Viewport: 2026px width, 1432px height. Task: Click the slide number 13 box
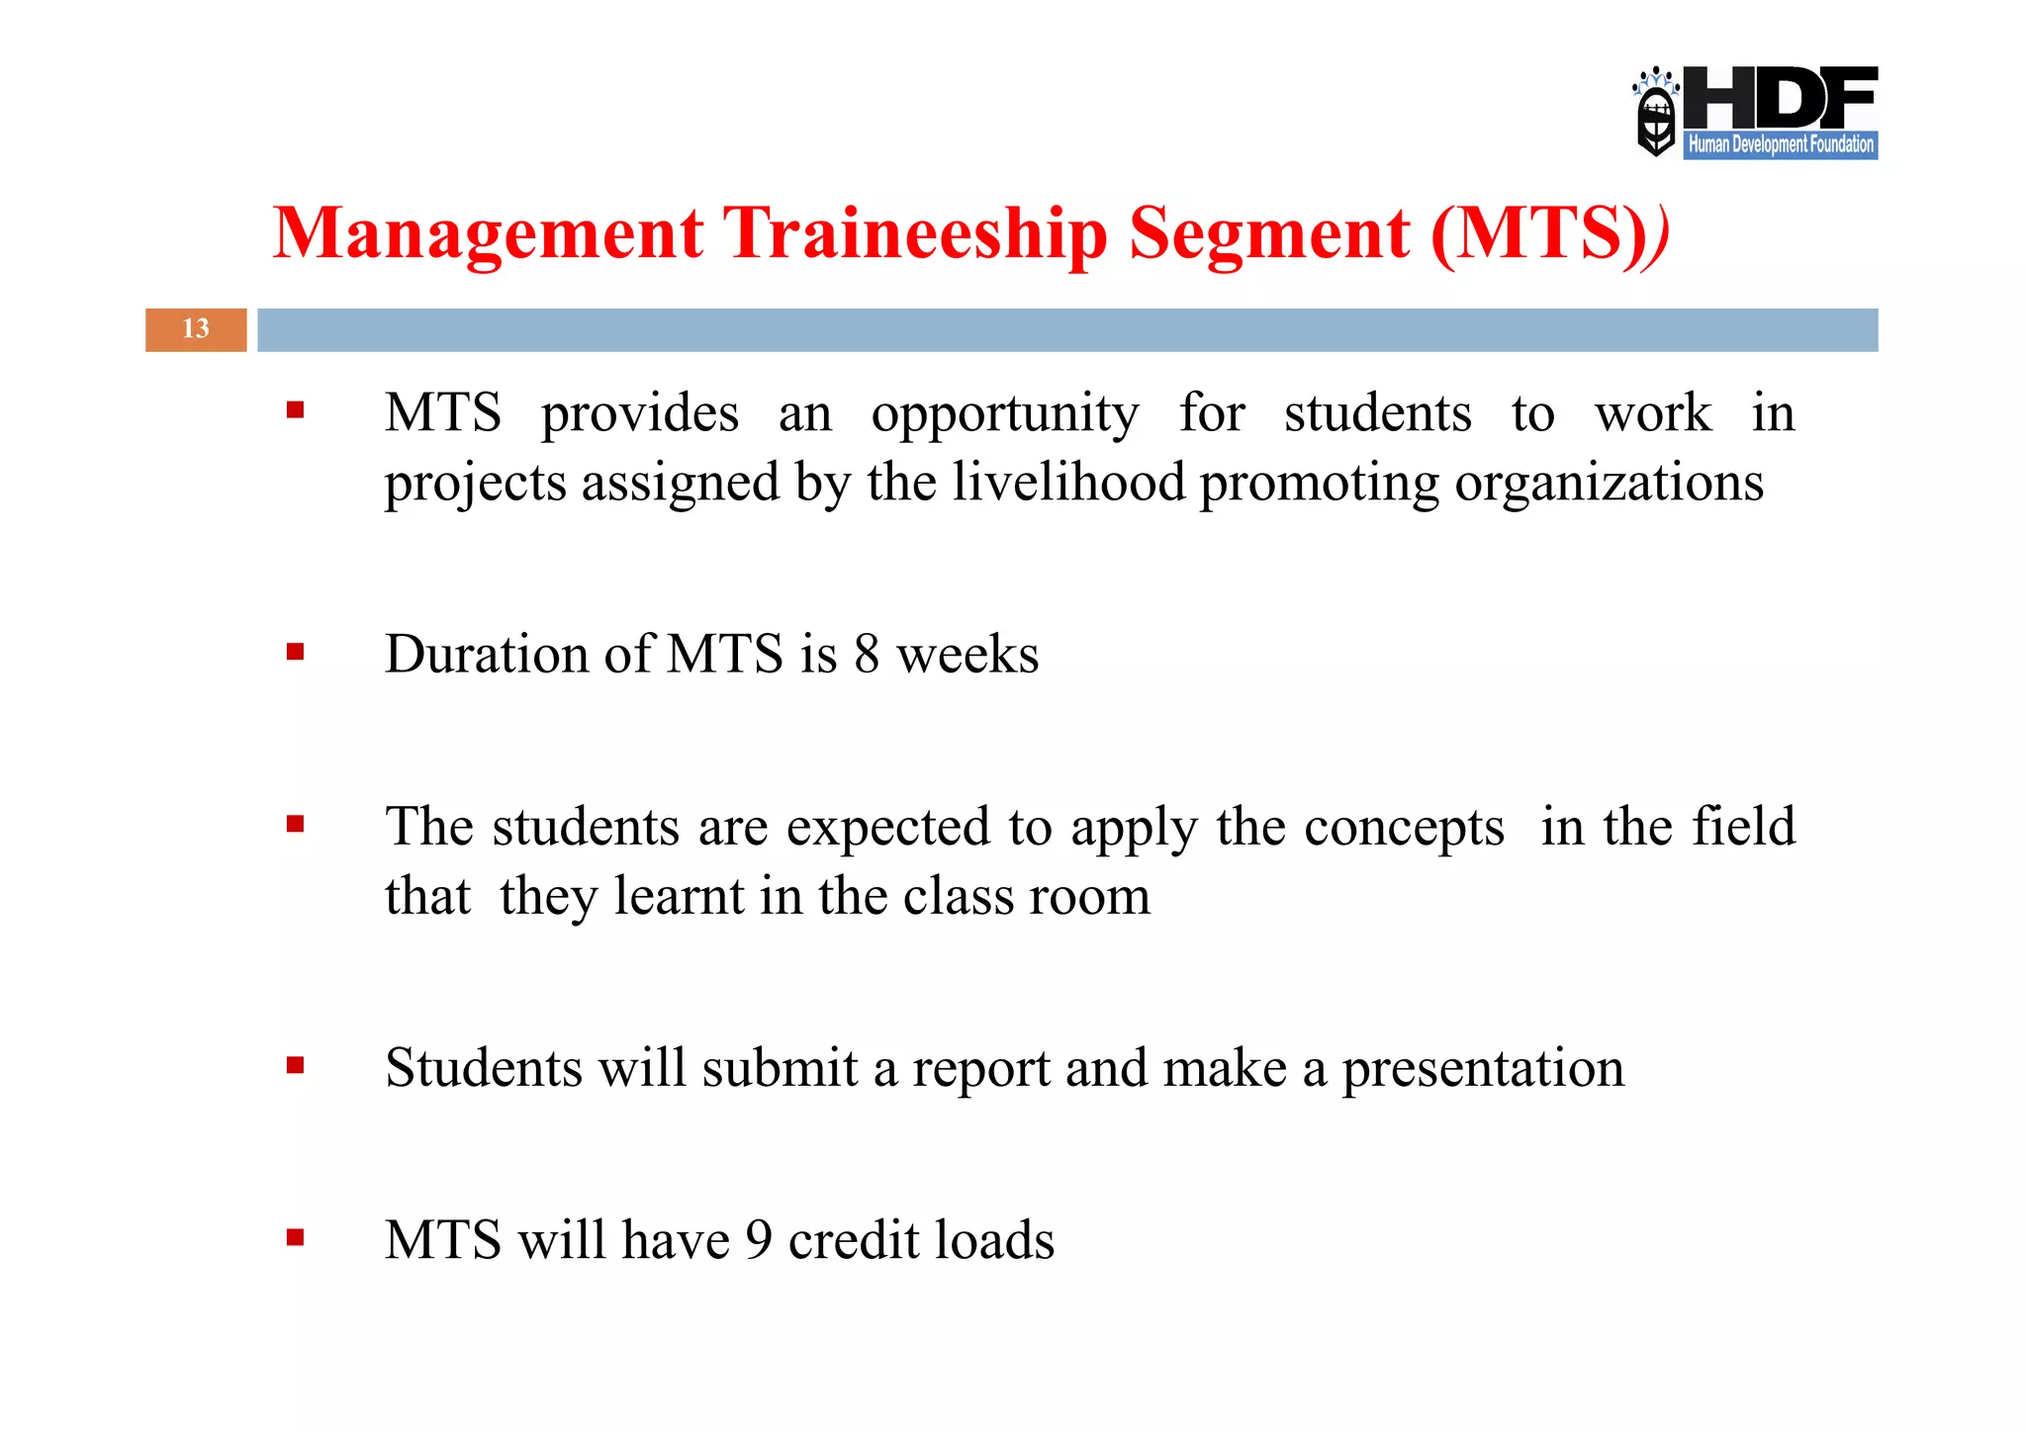tap(196, 329)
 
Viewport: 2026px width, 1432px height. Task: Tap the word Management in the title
tap(488, 234)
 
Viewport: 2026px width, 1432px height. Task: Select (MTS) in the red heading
tap(1539, 234)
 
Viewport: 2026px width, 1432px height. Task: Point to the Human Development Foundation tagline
tap(1780, 144)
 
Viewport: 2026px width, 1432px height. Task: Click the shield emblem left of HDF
tap(1655, 115)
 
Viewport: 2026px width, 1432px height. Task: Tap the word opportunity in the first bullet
tap(1004, 413)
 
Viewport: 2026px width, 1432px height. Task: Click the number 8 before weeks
tap(867, 655)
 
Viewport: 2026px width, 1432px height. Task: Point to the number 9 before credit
tap(758, 1240)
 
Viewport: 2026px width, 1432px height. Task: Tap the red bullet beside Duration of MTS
tap(295, 652)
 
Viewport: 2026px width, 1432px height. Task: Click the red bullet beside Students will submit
tap(295, 1065)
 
